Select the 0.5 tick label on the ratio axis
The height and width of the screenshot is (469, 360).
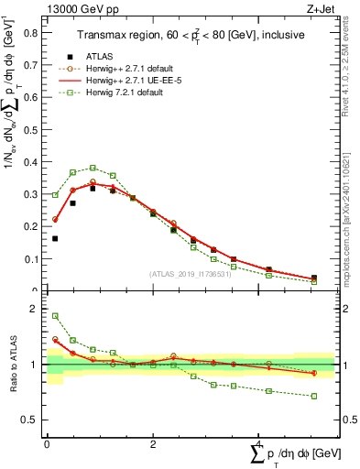click(32, 420)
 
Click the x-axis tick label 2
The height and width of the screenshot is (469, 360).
click(152, 444)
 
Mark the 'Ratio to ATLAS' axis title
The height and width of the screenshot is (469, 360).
click(13, 365)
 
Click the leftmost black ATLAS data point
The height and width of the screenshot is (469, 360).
click(55, 238)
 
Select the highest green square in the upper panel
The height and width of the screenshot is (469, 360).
click(93, 168)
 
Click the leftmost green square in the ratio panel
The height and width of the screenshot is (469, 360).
click(55, 316)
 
